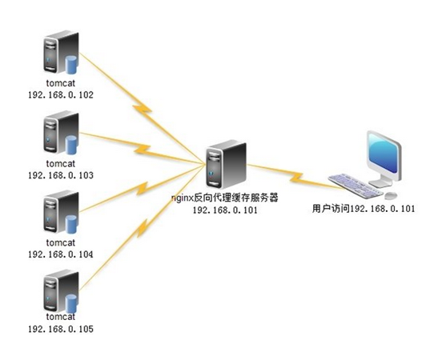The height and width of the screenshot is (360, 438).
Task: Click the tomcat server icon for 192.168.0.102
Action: (61, 53)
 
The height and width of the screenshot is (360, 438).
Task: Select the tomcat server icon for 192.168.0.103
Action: (61, 132)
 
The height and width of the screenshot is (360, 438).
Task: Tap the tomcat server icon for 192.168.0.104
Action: (61, 212)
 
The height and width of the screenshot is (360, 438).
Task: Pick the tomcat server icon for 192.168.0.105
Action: (61, 291)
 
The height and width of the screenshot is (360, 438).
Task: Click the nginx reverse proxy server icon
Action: (227, 165)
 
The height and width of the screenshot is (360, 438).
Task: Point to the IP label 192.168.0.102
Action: (61, 95)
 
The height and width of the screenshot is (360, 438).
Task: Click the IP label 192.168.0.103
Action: (61, 175)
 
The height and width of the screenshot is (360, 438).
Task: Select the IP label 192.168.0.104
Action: (61, 254)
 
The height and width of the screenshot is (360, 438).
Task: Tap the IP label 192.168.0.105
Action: (61, 329)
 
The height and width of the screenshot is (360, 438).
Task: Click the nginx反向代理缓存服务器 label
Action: (225, 198)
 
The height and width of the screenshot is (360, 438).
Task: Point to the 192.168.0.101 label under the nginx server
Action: (225, 210)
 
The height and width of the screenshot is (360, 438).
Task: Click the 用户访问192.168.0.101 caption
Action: (364, 209)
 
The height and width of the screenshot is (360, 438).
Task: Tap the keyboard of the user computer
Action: (356, 186)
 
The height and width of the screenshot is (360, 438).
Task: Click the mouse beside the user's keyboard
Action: (391, 195)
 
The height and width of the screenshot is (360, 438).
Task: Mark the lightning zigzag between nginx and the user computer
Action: (296, 177)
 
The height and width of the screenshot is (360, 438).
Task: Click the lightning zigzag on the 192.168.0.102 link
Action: (143, 109)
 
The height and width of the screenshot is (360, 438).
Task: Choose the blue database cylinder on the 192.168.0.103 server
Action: (71, 145)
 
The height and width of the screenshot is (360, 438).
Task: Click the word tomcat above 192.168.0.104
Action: (61, 242)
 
